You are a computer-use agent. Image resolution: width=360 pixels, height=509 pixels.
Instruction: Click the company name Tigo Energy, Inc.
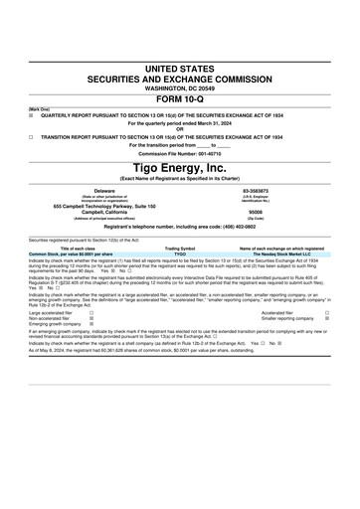180,169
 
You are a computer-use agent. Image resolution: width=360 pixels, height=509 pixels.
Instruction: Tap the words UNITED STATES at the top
180,67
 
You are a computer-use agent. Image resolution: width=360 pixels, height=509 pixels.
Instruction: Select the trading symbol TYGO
180,254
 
